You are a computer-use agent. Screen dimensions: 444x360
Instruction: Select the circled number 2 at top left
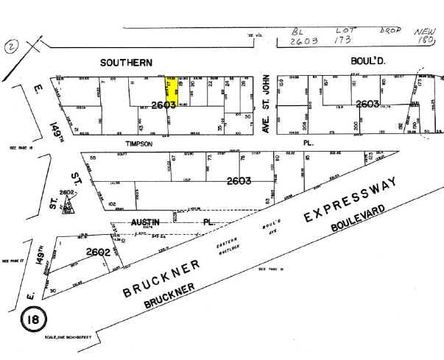pyautogui.click(x=11, y=46)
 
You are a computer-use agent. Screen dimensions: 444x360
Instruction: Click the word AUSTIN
pyautogui.click(x=145, y=221)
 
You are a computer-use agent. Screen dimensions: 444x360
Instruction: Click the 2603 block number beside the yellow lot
pyautogui.click(x=153, y=105)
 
